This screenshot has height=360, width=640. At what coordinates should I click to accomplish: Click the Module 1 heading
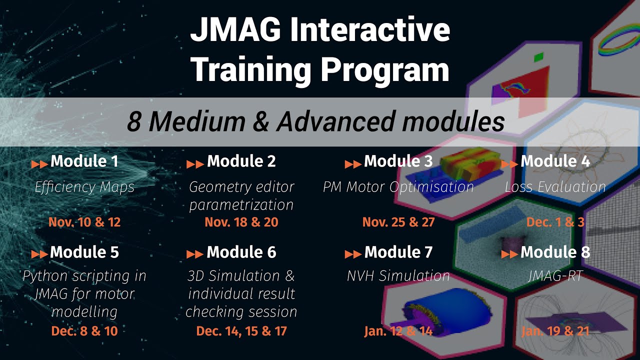[x=84, y=161]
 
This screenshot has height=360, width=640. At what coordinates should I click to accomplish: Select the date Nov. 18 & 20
[x=241, y=222]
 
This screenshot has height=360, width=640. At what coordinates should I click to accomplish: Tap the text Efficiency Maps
[x=84, y=187]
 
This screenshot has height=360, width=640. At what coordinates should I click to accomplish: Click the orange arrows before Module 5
[x=39, y=254]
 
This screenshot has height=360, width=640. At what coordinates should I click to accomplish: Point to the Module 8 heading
[x=555, y=252]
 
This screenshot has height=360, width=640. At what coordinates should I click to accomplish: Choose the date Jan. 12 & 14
[x=398, y=331]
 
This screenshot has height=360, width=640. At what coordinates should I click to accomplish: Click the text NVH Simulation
[x=398, y=276]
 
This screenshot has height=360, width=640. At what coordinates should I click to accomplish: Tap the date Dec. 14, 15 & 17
[x=241, y=331]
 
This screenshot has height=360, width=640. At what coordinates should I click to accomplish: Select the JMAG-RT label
[x=555, y=276]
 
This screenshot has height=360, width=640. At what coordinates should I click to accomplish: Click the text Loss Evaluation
[x=555, y=187]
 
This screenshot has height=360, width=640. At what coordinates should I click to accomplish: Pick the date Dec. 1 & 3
[x=555, y=222]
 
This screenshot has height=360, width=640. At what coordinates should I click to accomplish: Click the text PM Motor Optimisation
[x=398, y=187]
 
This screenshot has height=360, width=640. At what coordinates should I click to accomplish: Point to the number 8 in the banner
[x=133, y=122]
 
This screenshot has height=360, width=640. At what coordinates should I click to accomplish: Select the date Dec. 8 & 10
[x=84, y=331]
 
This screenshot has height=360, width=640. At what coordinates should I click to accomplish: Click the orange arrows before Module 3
[x=353, y=164]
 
